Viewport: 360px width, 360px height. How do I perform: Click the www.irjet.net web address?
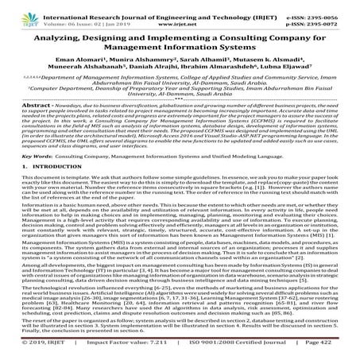point(180,16)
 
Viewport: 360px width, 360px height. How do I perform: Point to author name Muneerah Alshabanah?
point(103,68)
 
